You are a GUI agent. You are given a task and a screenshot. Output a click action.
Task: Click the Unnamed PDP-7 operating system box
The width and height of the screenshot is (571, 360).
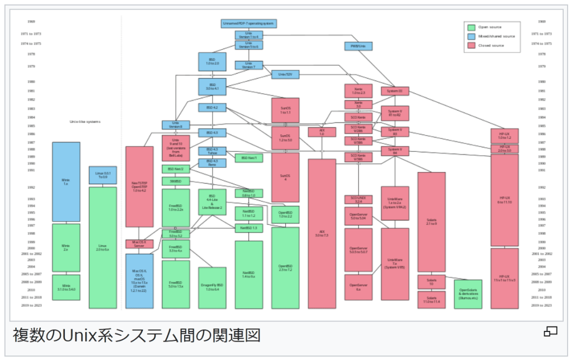(x=249, y=23)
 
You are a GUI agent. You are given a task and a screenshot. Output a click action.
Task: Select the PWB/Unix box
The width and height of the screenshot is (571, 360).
(x=358, y=46)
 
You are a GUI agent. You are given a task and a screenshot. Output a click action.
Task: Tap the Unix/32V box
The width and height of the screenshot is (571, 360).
(x=285, y=74)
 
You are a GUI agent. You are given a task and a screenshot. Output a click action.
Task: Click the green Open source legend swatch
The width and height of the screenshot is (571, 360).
(x=472, y=27)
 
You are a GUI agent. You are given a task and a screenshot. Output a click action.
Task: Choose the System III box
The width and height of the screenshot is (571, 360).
(x=395, y=90)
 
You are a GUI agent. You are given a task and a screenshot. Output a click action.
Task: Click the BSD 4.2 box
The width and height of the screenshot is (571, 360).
(x=212, y=107)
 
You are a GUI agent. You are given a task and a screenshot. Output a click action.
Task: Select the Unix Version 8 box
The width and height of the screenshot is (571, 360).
(x=176, y=125)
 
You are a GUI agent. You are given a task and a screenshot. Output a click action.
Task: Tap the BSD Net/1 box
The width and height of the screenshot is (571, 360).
(x=248, y=158)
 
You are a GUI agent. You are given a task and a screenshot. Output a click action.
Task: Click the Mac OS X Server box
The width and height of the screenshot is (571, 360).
(x=139, y=244)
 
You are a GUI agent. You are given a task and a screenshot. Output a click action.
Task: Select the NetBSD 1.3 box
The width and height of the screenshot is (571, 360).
(x=248, y=228)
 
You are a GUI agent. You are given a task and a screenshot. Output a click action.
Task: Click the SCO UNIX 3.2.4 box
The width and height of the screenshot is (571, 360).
(x=358, y=199)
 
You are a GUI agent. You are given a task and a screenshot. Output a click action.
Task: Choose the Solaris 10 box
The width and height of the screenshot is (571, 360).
(x=431, y=282)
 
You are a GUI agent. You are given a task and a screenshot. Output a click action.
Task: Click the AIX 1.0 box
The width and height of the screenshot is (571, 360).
(x=322, y=132)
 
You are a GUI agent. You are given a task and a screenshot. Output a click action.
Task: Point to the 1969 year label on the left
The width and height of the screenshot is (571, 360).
(x=31, y=21)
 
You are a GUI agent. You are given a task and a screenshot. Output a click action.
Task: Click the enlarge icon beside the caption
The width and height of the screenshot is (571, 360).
(x=550, y=333)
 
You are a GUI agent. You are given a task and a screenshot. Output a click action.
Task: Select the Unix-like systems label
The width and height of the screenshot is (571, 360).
(x=85, y=121)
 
